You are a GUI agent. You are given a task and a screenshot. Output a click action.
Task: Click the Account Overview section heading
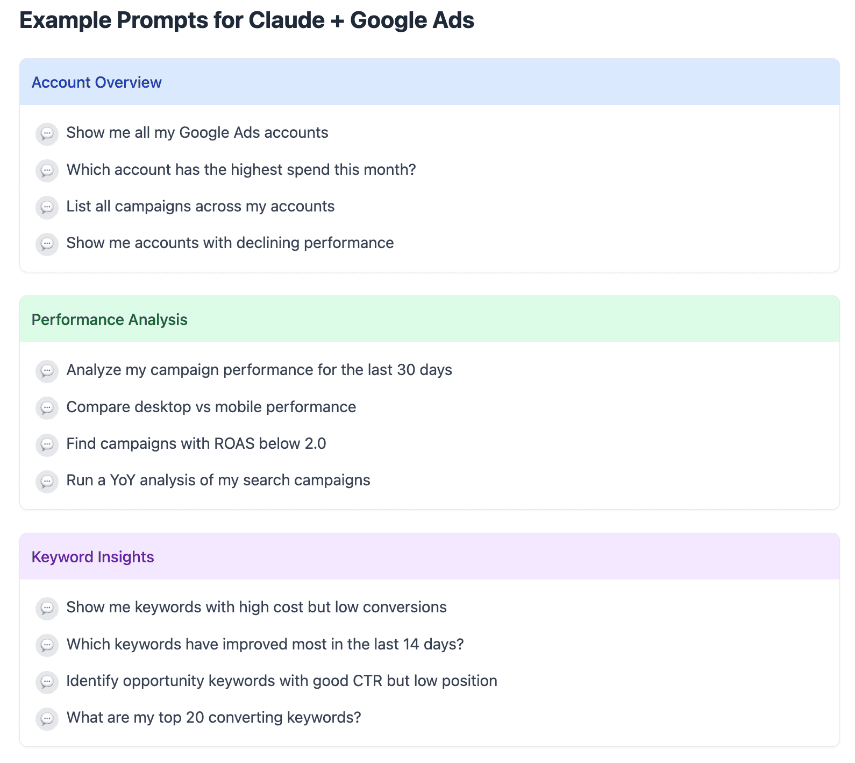[x=96, y=82]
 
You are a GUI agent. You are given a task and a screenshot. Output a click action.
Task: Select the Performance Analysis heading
[x=109, y=320]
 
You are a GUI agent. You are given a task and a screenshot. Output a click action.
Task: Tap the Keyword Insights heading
[x=92, y=557]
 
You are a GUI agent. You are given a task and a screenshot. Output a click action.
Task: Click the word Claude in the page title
[x=287, y=20]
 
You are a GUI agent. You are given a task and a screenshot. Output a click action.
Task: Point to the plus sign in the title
[x=337, y=21]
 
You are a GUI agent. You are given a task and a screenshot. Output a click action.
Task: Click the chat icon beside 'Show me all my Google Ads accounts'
[x=47, y=133]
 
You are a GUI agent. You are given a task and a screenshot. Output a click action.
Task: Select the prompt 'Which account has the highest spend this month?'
[x=241, y=170]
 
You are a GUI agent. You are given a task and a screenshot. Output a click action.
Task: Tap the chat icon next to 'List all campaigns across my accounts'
[x=47, y=207]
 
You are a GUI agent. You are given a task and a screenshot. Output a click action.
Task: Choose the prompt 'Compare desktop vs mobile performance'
[x=211, y=407]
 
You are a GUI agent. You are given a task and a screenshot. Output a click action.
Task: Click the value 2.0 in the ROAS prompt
[x=315, y=444]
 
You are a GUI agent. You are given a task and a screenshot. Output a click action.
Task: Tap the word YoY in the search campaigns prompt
[x=123, y=481]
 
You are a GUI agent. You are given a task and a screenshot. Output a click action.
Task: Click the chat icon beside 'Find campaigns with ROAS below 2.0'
[x=47, y=444]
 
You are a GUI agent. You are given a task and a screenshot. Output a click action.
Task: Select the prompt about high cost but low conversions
[x=256, y=607]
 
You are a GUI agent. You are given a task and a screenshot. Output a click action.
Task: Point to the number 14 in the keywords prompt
[x=411, y=645]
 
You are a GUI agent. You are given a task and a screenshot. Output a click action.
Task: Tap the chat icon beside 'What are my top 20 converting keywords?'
[x=47, y=718]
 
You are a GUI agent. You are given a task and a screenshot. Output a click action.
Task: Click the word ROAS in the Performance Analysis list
[x=234, y=444]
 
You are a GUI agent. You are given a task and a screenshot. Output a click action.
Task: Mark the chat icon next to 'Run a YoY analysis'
[x=47, y=481]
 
